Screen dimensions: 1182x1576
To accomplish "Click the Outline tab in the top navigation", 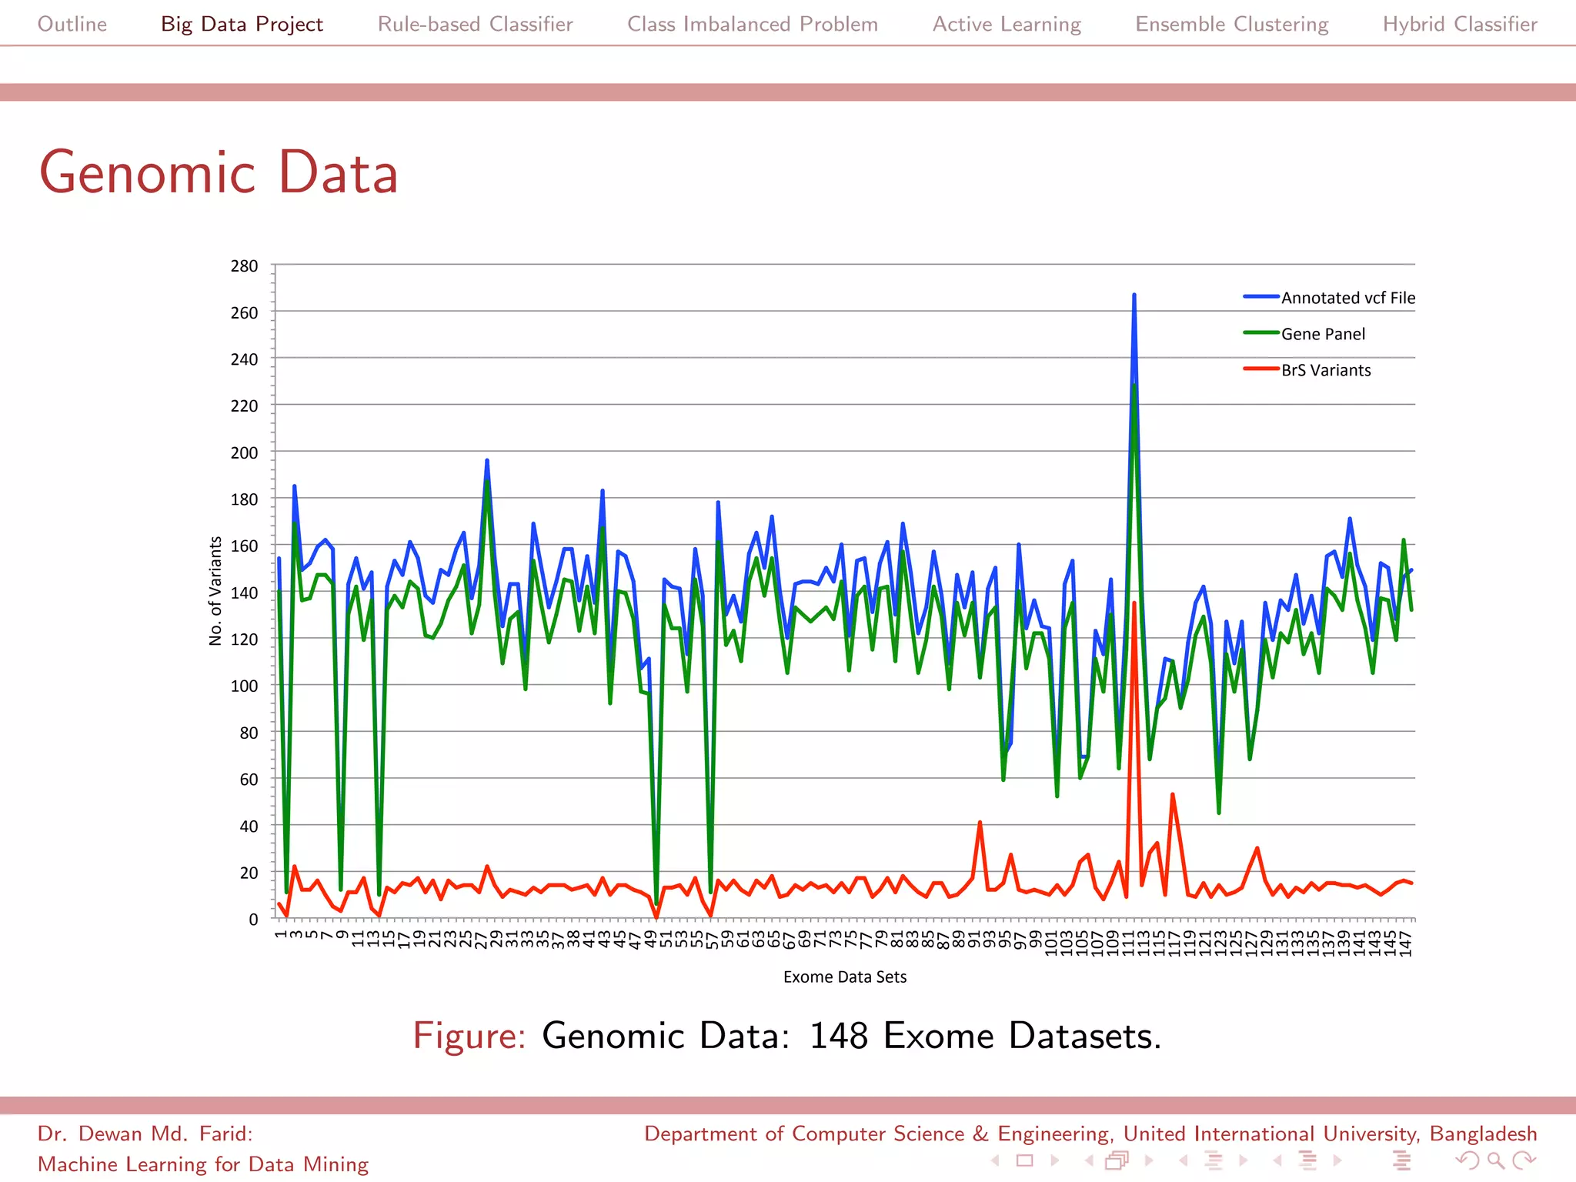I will click(72, 24).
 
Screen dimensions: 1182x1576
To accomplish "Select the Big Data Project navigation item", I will click(242, 24).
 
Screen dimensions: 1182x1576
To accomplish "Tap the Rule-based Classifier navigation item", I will click(475, 24).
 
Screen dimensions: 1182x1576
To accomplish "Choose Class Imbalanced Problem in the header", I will click(752, 24).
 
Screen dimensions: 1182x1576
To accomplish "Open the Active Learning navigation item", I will click(1007, 24).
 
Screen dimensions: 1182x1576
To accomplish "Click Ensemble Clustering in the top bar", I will click(1231, 24).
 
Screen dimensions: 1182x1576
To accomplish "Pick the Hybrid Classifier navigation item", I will click(1460, 24).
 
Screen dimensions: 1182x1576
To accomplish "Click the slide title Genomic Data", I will click(219, 172).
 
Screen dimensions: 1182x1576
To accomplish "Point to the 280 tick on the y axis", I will click(244, 266).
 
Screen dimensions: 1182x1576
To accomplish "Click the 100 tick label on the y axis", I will click(244, 686).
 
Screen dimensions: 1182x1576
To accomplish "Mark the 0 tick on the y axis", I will click(253, 919).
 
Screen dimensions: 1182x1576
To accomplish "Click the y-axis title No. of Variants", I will click(215, 591).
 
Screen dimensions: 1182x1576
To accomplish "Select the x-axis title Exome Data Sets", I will click(845, 977).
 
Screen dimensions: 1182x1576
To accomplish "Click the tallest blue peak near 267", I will click(1134, 295).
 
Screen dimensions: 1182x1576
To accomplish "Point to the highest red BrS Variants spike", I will click(1134, 604).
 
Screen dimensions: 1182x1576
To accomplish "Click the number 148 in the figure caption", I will click(839, 1035).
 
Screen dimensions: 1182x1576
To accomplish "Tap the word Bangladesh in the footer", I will click(1483, 1134).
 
